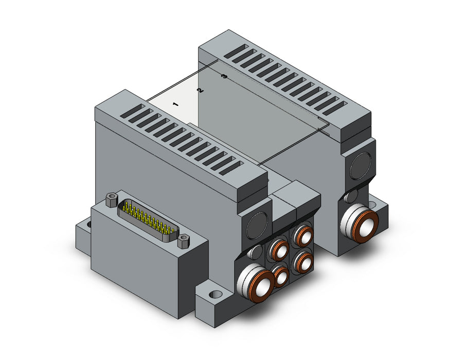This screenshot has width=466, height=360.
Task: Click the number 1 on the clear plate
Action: tap(175, 104)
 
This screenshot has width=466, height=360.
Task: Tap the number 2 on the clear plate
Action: tap(200, 91)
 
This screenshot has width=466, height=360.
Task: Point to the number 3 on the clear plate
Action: tap(225, 77)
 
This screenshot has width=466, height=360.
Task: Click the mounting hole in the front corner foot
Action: tap(216, 295)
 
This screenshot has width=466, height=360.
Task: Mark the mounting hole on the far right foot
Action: tap(373, 205)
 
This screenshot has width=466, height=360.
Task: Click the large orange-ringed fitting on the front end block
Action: tap(256, 282)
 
